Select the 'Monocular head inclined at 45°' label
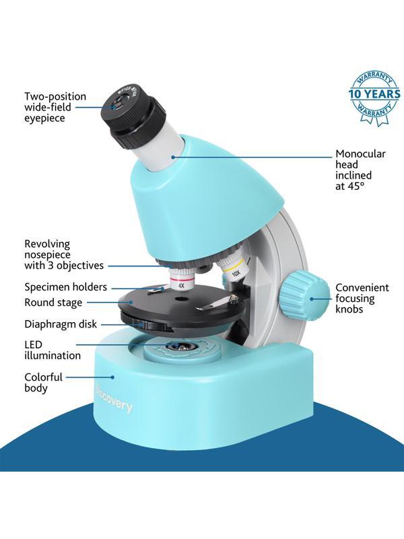(360, 169)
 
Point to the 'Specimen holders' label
(65, 288)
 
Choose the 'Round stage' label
(53, 303)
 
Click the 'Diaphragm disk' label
(61, 323)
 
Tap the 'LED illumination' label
(53, 350)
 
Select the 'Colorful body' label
(43, 383)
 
